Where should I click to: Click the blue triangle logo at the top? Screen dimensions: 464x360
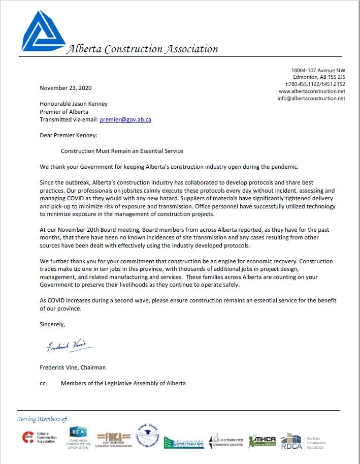43,32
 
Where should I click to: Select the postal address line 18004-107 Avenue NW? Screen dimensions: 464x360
318,70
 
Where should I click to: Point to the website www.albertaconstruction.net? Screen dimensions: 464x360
312,91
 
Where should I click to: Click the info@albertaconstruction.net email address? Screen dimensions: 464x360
311,99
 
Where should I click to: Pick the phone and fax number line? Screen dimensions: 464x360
315,84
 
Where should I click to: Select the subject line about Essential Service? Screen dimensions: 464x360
122,151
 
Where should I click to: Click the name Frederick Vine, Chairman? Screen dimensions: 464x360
73,367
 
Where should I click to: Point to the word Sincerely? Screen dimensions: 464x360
52,323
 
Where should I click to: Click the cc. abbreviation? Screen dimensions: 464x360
43,383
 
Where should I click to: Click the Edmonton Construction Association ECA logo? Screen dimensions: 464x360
78,438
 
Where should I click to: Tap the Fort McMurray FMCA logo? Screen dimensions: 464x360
115,439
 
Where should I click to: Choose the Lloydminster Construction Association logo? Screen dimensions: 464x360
227,440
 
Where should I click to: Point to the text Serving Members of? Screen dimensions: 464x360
42,419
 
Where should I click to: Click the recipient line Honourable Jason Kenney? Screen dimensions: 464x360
74,104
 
